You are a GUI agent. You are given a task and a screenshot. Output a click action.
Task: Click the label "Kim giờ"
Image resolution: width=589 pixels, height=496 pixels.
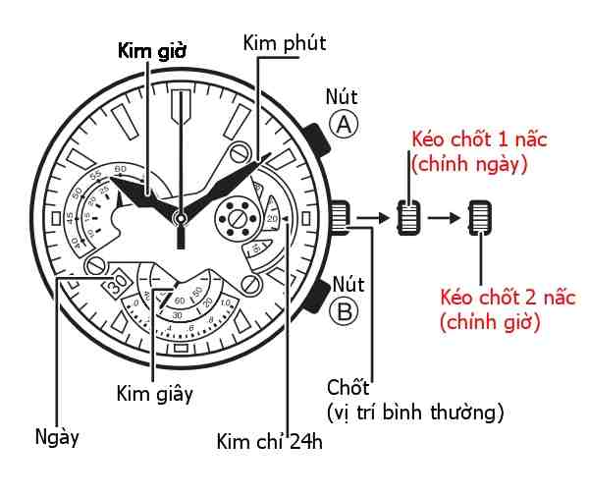(x=152, y=51)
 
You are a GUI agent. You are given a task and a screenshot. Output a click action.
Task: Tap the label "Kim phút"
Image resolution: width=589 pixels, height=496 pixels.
(x=285, y=43)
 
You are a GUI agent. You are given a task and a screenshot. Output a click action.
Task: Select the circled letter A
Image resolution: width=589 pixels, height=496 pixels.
(x=344, y=124)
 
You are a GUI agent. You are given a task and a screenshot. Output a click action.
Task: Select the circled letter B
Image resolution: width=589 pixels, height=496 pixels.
(x=344, y=311)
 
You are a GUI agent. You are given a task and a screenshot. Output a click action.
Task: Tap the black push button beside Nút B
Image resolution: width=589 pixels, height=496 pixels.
(x=318, y=296)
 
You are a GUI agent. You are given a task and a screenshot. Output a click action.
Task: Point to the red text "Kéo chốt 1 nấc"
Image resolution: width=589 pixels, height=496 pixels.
(x=479, y=139)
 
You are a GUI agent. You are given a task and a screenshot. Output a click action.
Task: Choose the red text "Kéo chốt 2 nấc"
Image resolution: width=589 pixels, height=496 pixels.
(x=508, y=298)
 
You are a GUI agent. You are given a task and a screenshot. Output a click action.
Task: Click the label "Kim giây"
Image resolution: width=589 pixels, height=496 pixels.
(x=155, y=395)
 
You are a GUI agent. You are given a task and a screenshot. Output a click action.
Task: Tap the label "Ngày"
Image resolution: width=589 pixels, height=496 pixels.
(x=57, y=438)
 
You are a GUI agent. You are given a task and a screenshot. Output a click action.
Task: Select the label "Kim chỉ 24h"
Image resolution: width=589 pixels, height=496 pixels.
(x=269, y=441)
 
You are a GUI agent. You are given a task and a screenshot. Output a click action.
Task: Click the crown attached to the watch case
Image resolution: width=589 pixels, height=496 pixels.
(x=341, y=218)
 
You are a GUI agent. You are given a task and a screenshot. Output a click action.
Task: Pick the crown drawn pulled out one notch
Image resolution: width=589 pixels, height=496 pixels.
(x=408, y=218)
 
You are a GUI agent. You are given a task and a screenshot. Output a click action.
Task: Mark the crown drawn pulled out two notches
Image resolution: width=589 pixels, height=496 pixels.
(x=480, y=218)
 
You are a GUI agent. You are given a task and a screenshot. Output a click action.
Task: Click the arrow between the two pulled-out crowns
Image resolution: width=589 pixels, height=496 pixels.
(x=444, y=218)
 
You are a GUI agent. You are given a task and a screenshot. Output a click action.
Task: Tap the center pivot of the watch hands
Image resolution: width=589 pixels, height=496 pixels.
(x=181, y=218)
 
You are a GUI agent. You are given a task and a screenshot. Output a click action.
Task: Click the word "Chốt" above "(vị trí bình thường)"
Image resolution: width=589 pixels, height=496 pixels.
(x=348, y=388)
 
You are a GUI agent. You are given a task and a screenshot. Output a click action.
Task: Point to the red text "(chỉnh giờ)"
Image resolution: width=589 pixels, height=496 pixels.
(x=490, y=322)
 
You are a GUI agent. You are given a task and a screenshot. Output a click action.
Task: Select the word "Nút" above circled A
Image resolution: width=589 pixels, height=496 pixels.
(x=342, y=97)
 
